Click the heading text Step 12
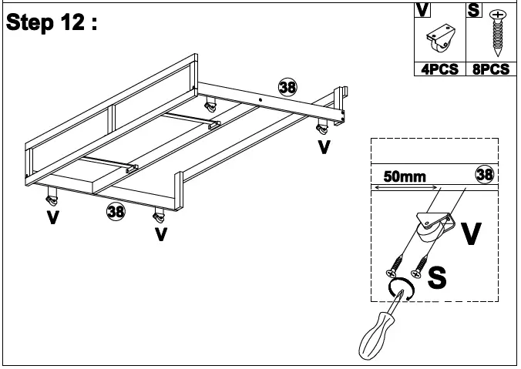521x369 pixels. tap(52, 23)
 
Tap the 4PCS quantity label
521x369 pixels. tap(439, 69)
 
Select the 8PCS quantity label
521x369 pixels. tap(490, 69)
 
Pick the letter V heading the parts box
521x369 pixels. tap(423, 10)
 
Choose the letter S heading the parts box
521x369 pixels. tap(472, 10)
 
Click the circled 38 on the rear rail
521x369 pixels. tap(287, 86)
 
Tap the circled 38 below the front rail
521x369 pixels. tap(116, 210)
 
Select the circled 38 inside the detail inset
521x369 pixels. tap(484, 175)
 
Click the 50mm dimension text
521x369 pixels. tap(405, 177)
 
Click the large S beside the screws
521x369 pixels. tap(437, 277)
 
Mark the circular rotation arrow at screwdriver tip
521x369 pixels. tap(402, 289)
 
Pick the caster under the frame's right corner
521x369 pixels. tap(321, 126)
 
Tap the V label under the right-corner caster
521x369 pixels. tap(324, 146)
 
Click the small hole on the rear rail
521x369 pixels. tap(262, 99)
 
